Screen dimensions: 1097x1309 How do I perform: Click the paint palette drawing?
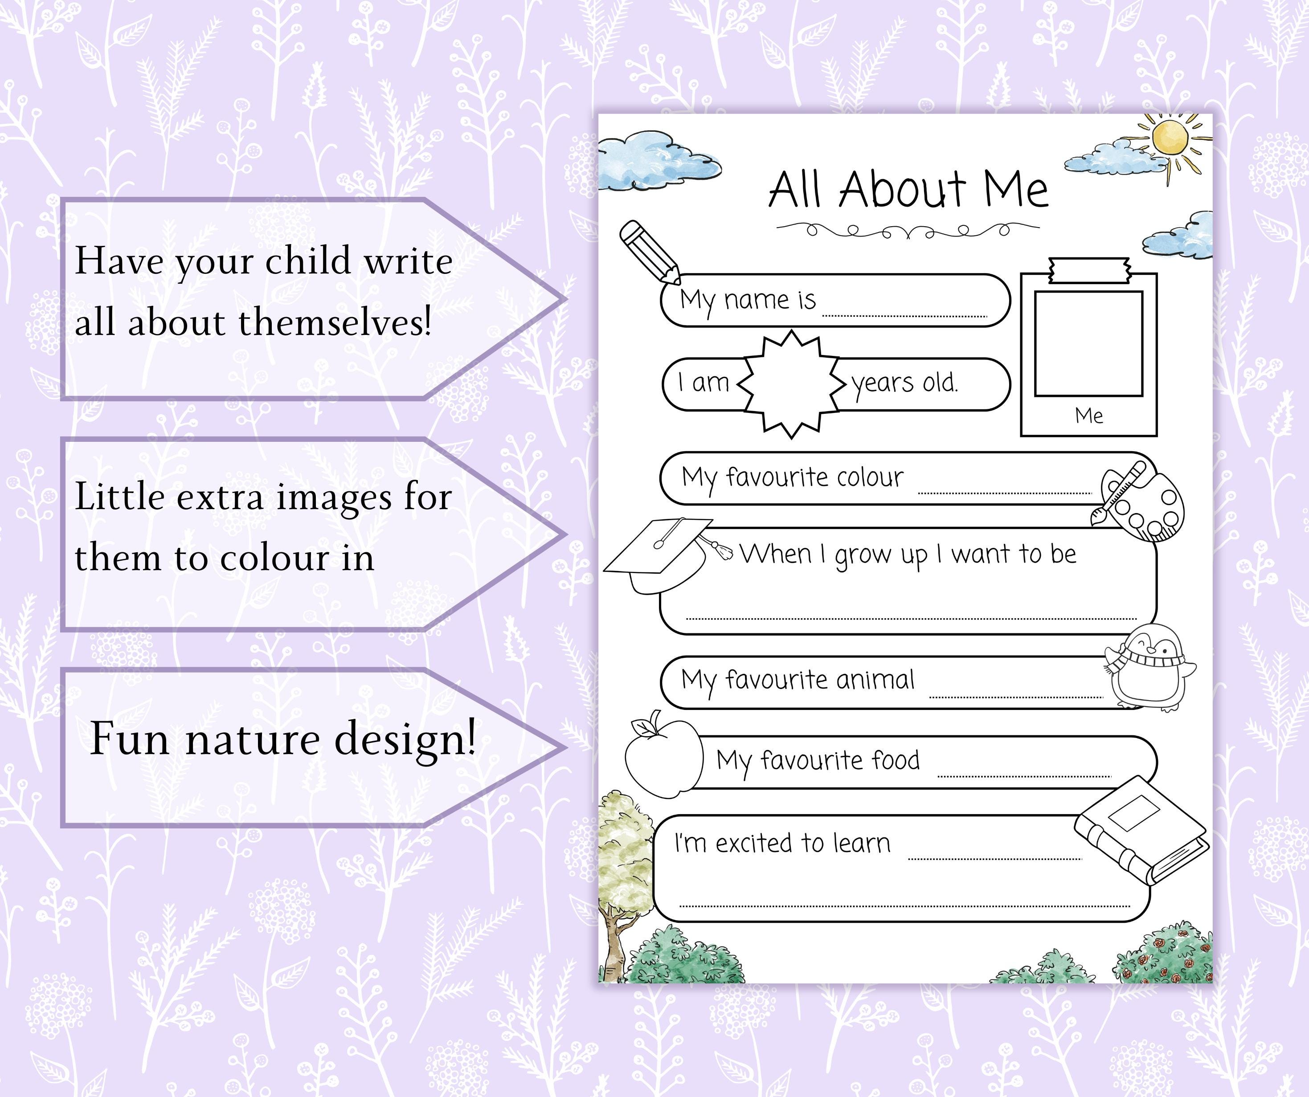coord(1140,502)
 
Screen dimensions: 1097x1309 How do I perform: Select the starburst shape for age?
coord(790,384)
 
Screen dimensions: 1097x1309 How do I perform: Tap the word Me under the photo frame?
coord(1089,415)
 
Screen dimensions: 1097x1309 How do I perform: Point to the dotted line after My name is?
coord(904,315)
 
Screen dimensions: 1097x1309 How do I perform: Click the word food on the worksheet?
coord(895,760)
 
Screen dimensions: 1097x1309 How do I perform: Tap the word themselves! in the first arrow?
coord(335,322)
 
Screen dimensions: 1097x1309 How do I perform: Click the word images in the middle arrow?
coord(334,498)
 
